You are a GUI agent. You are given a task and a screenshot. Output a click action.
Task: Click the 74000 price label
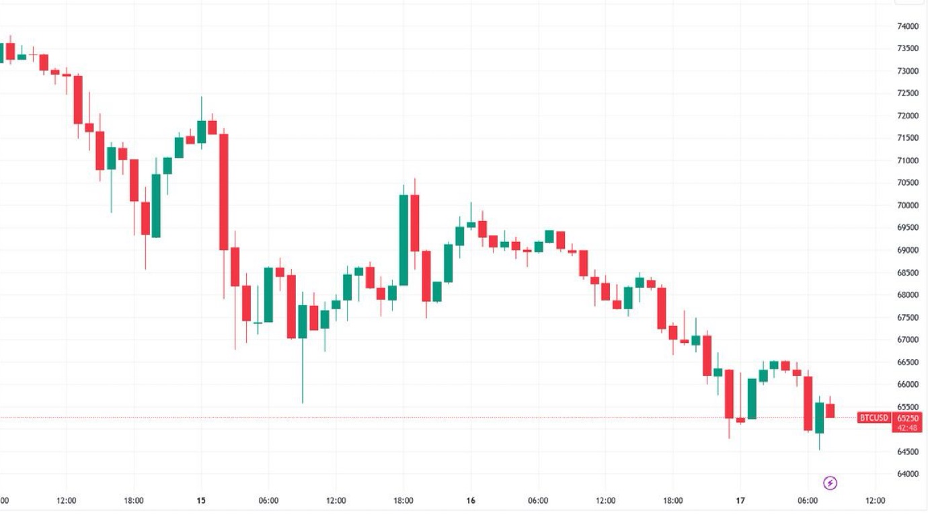click(x=907, y=26)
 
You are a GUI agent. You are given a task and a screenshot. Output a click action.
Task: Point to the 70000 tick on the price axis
click(x=907, y=205)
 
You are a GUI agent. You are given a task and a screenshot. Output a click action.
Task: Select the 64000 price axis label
click(x=907, y=474)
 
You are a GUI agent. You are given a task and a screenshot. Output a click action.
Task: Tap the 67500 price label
click(x=907, y=317)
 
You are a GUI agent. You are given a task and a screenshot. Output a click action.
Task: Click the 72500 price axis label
click(x=907, y=93)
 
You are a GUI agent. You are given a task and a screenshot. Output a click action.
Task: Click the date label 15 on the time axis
click(x=201, y=501)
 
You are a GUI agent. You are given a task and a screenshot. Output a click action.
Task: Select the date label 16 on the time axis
click(x=471, y=501)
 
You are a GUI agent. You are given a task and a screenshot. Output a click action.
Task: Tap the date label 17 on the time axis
click(x=740, y=501)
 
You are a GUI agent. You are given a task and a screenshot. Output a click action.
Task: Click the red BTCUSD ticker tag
click(x=874, y=418)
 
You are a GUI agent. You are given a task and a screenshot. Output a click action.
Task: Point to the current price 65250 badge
click(x=908, y=417)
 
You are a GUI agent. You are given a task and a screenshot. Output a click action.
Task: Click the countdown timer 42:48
click(x=908, y=428)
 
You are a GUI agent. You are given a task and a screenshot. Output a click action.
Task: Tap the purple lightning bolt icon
click(x=830, y=483)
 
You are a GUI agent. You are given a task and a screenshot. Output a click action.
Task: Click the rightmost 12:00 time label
click(x=875, y=501)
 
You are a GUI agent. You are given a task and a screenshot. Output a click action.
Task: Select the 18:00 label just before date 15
click(x=134, y=501)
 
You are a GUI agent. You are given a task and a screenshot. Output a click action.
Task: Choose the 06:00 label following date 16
click(x=538, y=501)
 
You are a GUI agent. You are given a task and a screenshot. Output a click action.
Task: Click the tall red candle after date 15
click(x=224, y=192)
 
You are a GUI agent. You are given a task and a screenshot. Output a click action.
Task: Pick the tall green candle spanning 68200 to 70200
click(x=403, y=240)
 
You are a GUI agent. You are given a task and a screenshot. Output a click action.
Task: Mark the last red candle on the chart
click(x=830, y=411)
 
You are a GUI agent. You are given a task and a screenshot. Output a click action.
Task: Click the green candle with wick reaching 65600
click(x=303, y=321)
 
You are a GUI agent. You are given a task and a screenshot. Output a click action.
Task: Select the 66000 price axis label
click(x=907, y=385)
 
